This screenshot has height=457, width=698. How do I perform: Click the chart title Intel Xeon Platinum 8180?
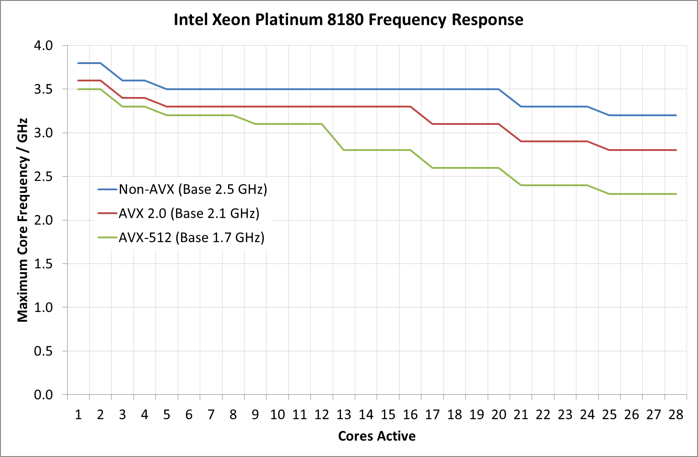[x=348, y=20]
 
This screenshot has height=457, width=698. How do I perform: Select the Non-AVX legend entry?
[x=192, y=189]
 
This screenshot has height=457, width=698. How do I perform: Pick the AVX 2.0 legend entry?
[x=189, y=213]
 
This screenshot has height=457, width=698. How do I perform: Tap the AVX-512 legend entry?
[x=191, y=237]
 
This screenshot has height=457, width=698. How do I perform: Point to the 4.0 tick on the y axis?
[x=43, y=46]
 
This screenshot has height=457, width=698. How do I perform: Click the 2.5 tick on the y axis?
[x=43, y=177]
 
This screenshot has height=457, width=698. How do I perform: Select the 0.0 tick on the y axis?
[x=43, y=395]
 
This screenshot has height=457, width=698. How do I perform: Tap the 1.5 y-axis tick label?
[x=43, y=264]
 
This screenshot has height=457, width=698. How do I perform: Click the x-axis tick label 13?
[x=344, y=415]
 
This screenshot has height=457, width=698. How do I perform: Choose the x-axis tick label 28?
[x=676, y=415]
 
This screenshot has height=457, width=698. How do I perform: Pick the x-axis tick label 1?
[x=78, y=415]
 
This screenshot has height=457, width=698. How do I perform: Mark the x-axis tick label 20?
[x=499, y=415]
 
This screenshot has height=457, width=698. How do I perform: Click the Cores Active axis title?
[x=377, y=436]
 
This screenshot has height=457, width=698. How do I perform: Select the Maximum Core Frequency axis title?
[x=23, y=220]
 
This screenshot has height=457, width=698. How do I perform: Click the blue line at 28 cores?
[x=676, y=115]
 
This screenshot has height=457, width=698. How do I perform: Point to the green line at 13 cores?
[x=344, y=150]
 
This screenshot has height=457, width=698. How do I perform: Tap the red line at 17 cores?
[x=432, y=124]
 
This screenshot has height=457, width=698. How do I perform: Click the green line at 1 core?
[x=78, y=89]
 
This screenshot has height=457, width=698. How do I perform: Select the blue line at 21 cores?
[x=521, y=107]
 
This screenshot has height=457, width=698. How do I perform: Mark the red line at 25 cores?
[x=609, y=150]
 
